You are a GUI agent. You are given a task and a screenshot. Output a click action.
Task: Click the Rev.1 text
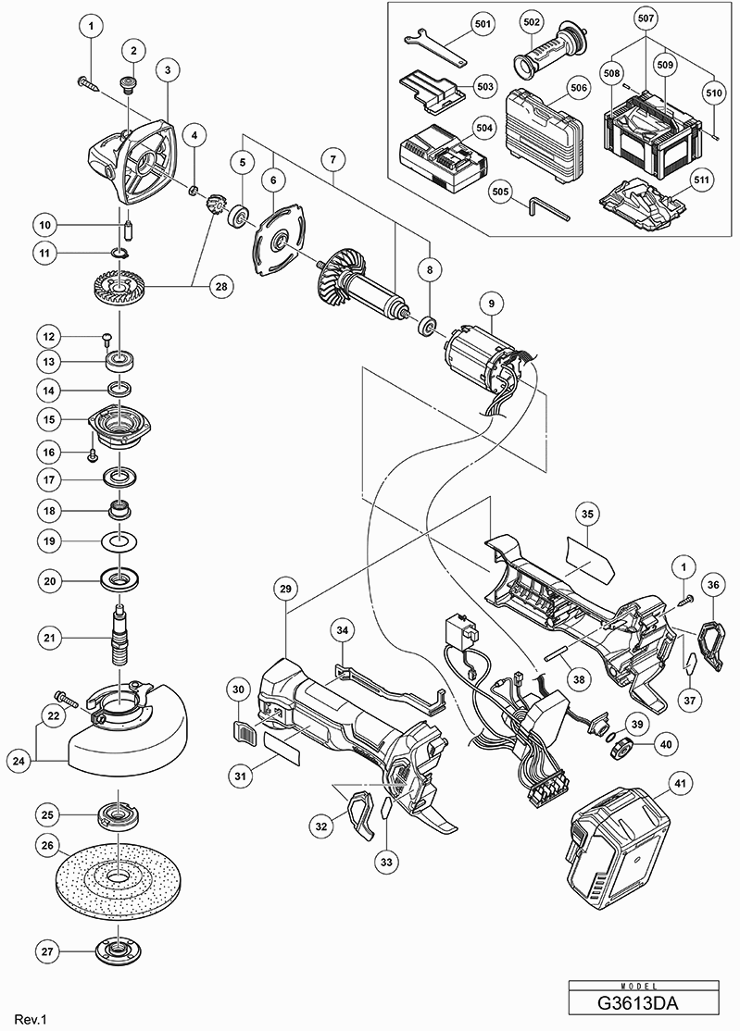coord(31,1019)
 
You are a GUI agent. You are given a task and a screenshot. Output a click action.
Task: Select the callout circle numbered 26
coord(48,845)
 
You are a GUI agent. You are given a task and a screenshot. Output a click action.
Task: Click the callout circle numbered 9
coord(491,303)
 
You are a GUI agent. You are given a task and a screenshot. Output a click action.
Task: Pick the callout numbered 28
coord(220,287)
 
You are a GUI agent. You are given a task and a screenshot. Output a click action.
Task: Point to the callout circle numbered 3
coord(168,70)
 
